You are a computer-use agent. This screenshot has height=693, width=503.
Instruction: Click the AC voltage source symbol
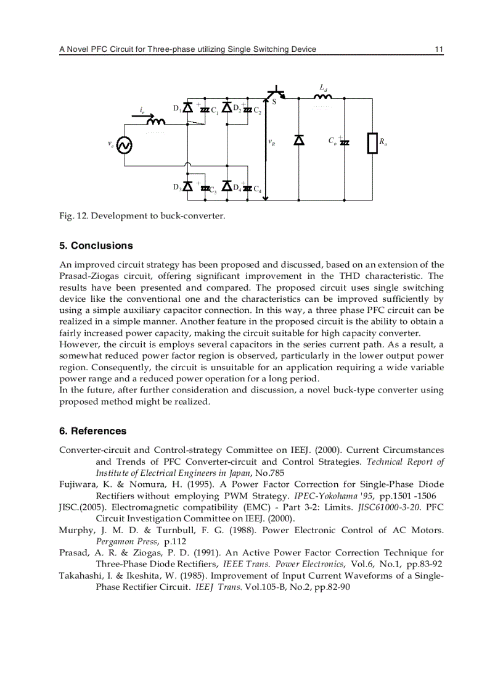pos(124,145)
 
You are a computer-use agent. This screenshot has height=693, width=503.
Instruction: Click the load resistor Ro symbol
pos(372,143)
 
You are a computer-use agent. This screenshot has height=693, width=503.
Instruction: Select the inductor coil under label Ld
pos(322,96)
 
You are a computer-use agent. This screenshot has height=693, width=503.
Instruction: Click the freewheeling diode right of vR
pos(299,141)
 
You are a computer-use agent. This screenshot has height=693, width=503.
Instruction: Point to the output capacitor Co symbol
pos(344,142)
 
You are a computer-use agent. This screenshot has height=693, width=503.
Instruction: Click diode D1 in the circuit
pos(188,108)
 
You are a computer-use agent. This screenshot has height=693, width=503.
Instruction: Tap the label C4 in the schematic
pos(258,189)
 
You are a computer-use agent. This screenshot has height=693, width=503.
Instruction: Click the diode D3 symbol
pos(188,186)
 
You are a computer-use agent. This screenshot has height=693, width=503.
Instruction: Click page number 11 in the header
pos(439,49)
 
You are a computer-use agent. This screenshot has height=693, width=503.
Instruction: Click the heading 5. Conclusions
pos(96,246)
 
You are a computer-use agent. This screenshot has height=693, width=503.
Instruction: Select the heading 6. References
pos(92,431)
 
